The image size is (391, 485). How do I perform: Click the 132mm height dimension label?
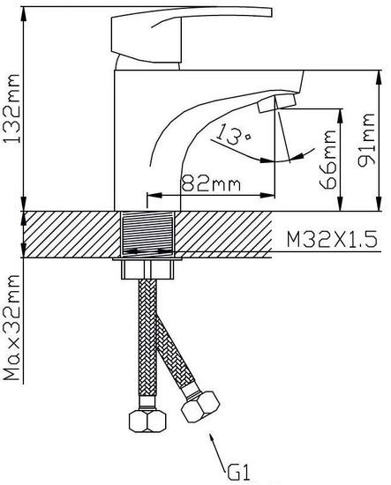tap(11, 108)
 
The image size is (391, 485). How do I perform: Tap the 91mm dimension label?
tap(366, 140)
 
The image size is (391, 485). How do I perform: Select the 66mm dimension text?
tap(327, 160)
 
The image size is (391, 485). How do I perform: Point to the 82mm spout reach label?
tap(211, 183)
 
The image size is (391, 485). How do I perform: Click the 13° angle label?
tap(233, 135)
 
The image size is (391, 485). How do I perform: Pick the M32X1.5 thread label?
tap(332, 239)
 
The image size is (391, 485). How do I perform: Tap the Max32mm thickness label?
tap(12, 327)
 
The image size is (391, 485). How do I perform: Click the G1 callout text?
tap(238, 472)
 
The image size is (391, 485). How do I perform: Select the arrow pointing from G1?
tap(218, 450)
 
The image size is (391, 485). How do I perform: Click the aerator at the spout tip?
tap(276, 103)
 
